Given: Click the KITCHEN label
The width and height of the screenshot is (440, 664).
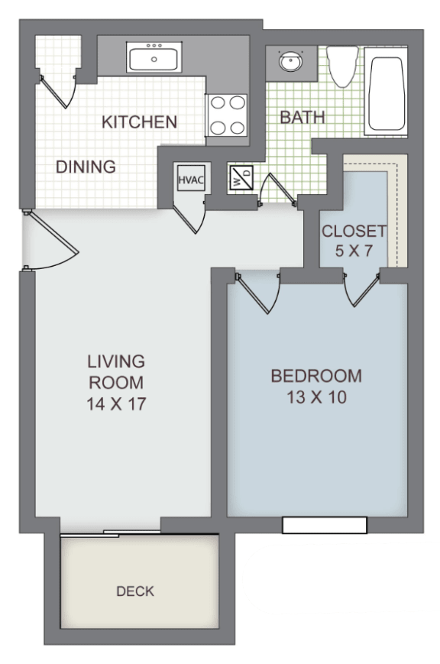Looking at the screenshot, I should pyautogui.click(x=140, y=121).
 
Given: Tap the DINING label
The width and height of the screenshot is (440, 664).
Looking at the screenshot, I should pyautogui.click(x=86, y=167).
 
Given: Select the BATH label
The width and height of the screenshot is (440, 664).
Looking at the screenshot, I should pyautogui.click(x=302, y=118).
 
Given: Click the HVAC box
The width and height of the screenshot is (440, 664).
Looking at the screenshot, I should pyautogui.click(x=188, y=180).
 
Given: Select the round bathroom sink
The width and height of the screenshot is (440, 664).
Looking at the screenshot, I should pyautogui.click(x=290, y=62).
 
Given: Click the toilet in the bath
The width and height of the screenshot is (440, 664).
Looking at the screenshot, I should pyautogui.click(x=342, y=67).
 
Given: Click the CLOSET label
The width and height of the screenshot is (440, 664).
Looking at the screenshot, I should pyautogui.click(x=354, y=231).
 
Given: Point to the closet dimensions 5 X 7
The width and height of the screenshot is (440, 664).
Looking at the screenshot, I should pyautogui.click(x=354, y=250).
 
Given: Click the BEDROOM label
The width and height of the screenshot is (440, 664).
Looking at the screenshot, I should pyautogui.click(x=316, y=376).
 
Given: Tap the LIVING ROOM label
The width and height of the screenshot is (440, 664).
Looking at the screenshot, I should pyautogui.click(x=116, y=371).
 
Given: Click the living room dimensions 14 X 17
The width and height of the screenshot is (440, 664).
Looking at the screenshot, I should pyautogui.click(x=116, y=404).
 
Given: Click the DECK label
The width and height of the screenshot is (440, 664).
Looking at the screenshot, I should pyautogui.click(x=135, y=591).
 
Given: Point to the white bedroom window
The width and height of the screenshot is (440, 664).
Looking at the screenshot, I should pyautogui.click(x=324, y=525).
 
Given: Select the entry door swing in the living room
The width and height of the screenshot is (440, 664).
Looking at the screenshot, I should pyautogui.click(x=52, y=243).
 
